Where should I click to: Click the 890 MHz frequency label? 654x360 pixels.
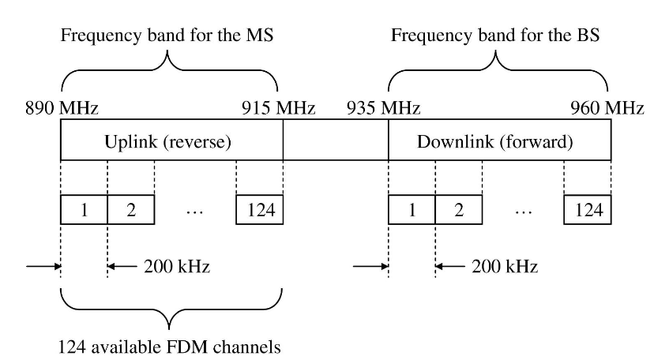click(62, 108)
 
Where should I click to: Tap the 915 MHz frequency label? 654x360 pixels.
click(278, 108)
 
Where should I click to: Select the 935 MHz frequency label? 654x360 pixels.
click(383, 108)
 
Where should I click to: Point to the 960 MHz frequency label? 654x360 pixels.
click(607, 108)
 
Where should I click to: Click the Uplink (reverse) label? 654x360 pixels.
click(167, 141)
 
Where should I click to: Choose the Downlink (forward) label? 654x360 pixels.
click(495, 141)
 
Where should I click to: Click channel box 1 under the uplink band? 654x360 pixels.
click(84, 209)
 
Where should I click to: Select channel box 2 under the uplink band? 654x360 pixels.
click(131, 209)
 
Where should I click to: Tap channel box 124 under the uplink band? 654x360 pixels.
click(259, 209)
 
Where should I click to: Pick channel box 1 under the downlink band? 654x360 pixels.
click(412, 209)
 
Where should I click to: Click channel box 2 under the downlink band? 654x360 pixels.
click(459, 209)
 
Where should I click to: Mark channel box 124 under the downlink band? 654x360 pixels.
click(588, 209)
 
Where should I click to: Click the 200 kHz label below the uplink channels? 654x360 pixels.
click(177, 266)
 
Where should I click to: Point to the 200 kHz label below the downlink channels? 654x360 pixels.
click(505, 266)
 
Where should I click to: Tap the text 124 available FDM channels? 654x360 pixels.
click(169, 347)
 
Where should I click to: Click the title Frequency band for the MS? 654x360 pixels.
click(167, 35)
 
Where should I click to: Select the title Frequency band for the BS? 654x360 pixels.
click(495, 35)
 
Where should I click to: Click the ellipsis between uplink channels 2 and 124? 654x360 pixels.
click(195, 212)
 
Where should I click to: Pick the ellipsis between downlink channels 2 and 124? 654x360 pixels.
click(524, 212)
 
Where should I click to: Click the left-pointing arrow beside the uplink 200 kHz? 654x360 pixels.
click(122, 266)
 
